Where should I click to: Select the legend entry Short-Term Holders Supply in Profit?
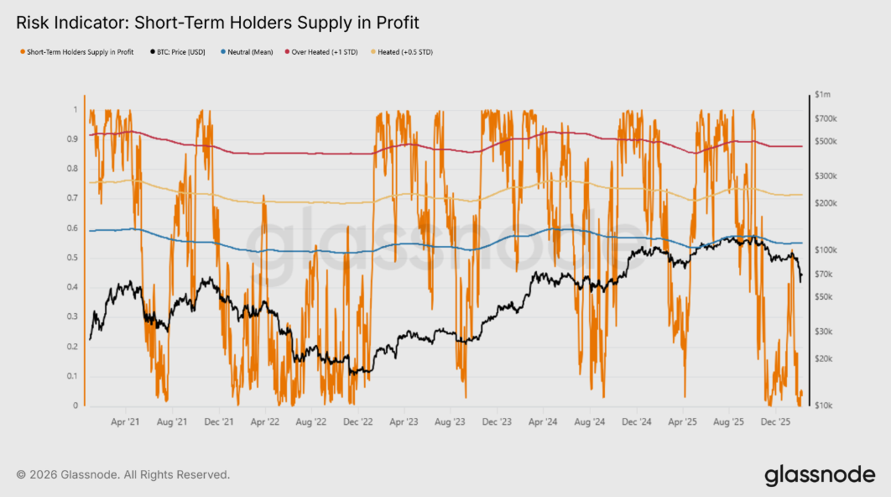78,52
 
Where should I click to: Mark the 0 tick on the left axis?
76,406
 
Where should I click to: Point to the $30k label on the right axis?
824,332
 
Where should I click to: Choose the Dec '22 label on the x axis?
359,422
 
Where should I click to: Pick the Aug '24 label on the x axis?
591,422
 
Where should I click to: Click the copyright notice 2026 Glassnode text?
122,475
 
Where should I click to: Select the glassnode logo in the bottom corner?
820,475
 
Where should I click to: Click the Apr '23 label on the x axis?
405,422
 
